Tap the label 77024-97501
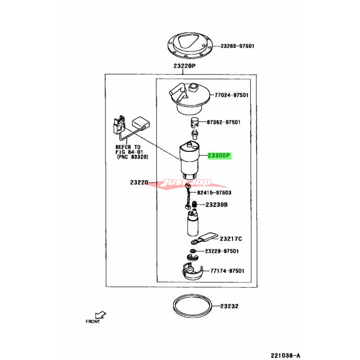[x=232, y=95]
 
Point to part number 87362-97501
[x=224, y=122]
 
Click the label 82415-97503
[x=214, y=193]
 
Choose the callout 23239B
[x=216, y=204]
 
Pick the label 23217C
[x=231, y=238]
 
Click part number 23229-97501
[x=222, y=251]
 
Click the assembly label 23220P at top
[x=184, y=66]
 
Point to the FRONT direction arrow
[x=100, y=315]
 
